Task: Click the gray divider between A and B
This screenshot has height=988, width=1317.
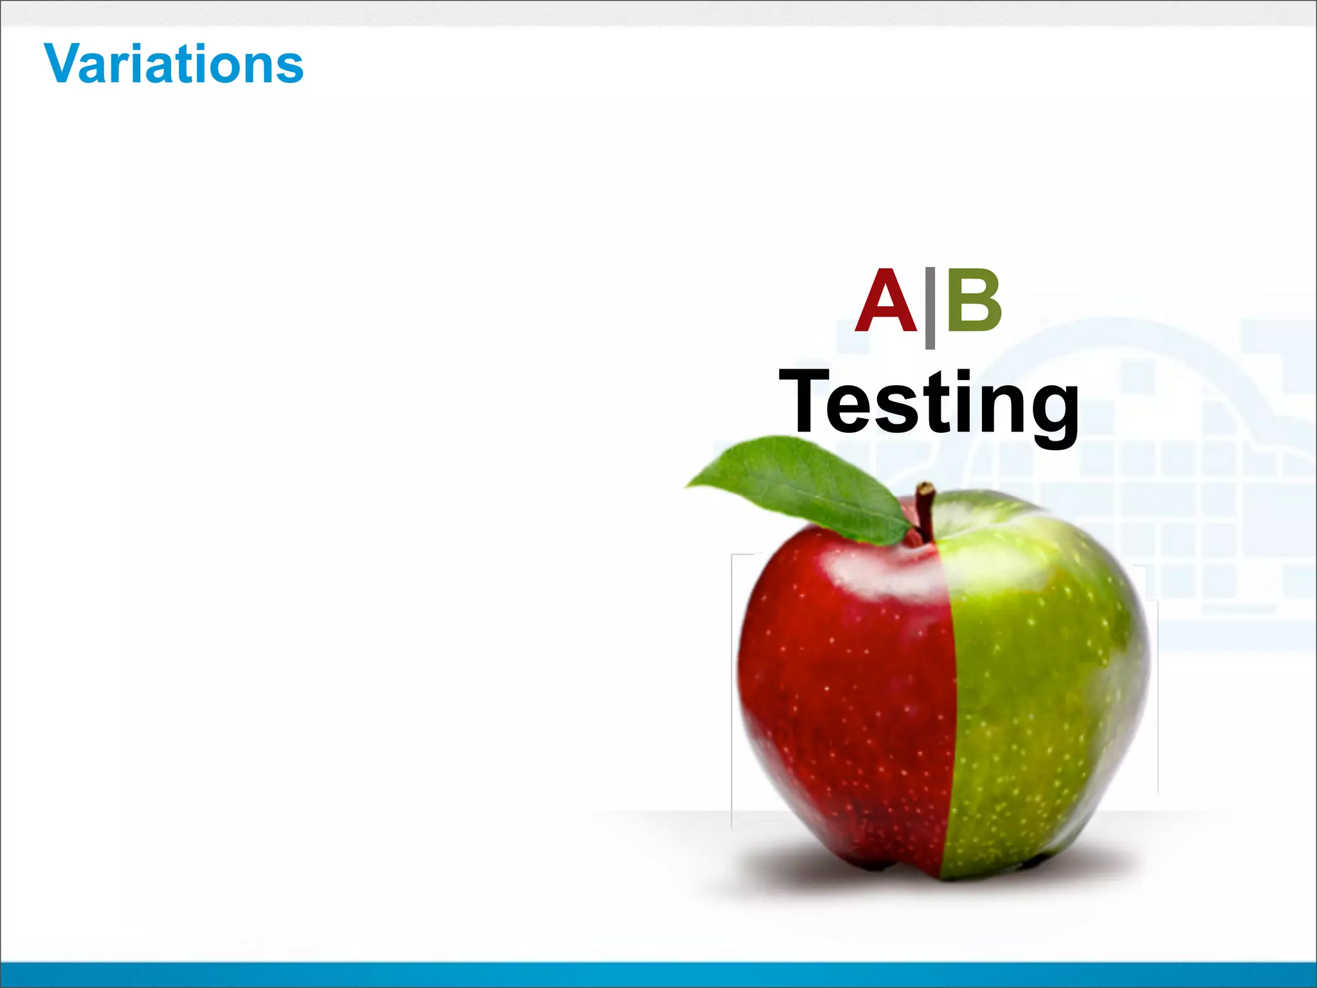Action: (930, 307)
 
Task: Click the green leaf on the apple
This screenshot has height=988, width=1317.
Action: (804, 486)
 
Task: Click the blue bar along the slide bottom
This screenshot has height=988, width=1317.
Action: (658, 974)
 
